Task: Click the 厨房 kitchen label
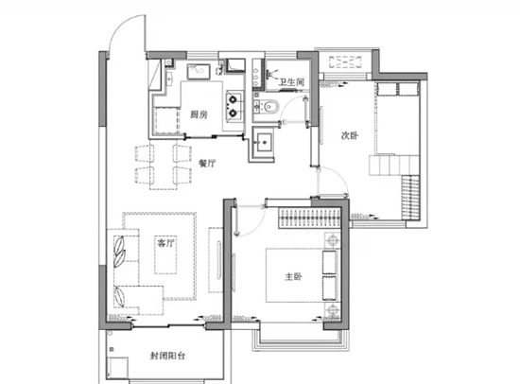199,114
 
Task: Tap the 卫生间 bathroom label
291,82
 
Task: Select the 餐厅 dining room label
207,163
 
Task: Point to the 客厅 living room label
165,243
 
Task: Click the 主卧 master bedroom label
293,276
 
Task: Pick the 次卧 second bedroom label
350,136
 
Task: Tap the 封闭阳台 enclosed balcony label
167,357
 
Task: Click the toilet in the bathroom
271,107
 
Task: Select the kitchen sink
199,72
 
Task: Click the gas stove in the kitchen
234,106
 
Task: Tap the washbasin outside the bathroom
262,143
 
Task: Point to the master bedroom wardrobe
309,218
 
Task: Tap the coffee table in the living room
165,254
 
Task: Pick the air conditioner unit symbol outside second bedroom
345,62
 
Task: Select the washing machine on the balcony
117,368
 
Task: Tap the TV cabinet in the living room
216,260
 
